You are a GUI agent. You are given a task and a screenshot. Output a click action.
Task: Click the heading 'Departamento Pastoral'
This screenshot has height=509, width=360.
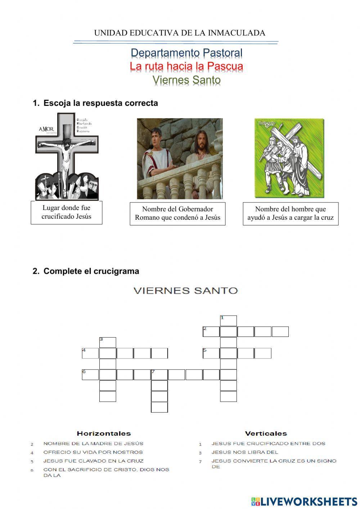pos(186,53)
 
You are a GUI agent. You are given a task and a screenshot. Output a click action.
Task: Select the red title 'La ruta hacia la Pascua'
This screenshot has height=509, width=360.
pos(186,66)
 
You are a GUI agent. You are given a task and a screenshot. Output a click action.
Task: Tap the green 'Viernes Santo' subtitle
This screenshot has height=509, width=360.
pos(186,80)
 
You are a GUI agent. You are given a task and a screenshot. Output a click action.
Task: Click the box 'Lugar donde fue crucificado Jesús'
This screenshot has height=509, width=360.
pos(66,212)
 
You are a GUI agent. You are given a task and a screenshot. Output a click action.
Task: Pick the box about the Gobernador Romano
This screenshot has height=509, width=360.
pos(177,213)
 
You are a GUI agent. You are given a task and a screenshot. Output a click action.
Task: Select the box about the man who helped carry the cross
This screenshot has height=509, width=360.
pos(291,213)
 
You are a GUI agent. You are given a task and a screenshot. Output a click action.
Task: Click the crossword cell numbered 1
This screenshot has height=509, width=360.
pos(229,321)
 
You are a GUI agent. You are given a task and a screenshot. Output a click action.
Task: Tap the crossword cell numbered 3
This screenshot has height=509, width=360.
pos(108,342)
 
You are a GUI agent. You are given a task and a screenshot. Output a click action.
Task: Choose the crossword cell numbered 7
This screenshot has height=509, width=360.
pos(159,375)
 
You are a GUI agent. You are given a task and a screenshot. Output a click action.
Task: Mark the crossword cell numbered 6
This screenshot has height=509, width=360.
pos(90,375)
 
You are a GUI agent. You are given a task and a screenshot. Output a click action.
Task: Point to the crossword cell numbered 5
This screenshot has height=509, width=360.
pos(211,353)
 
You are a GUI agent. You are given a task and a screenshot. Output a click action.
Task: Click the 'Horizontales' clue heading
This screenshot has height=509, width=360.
pos(104,433)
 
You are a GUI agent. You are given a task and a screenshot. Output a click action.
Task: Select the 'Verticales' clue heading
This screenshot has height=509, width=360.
pos(266,433)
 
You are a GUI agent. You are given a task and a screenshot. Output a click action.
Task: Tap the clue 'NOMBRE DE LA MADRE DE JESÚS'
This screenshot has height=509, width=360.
pos(93,443)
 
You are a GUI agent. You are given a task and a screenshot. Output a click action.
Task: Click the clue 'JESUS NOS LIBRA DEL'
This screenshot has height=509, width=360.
pos(245,452)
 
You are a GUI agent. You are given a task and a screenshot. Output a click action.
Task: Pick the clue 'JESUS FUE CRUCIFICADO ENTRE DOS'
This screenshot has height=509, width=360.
pos(268,443)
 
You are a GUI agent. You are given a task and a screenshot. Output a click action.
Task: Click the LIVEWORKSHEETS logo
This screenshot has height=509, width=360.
pos(304,501)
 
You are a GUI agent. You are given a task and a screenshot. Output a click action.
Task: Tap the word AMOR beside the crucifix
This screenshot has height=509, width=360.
pos(46,129)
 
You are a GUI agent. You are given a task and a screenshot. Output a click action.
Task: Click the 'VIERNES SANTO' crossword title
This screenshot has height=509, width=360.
pos(186,290)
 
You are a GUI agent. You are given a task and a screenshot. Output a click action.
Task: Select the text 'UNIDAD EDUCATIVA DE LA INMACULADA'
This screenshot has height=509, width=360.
pos(180,33)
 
